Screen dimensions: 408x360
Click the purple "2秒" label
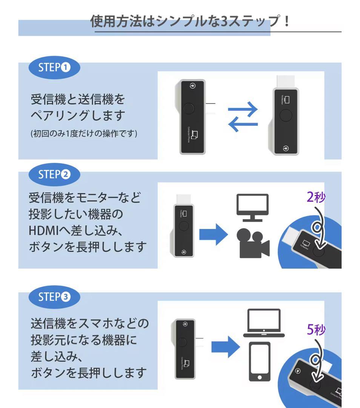tap(315, 197)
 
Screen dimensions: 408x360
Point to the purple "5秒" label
tap(315, 330)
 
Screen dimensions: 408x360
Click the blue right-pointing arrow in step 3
tap(225, 347)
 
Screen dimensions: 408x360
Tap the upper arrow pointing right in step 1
tap(243, 110)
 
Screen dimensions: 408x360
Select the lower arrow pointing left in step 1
tap(243, 124)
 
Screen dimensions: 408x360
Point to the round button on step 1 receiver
tap(286, 114)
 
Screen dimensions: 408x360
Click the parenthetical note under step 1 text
tap(83, 134)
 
